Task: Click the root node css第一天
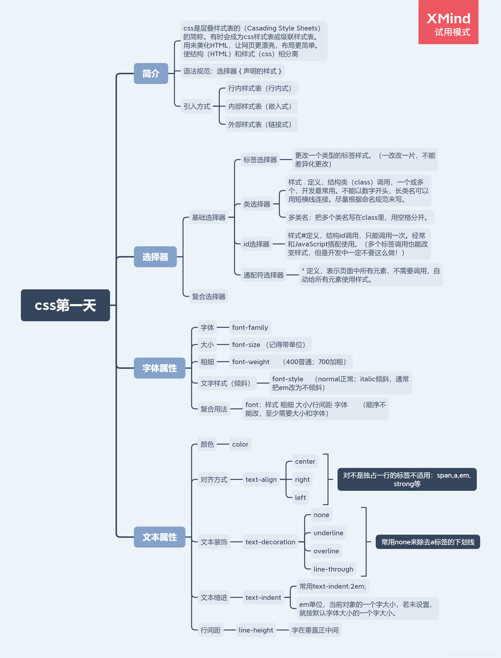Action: (x=65, y=305)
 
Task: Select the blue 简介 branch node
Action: (x=151, y=73)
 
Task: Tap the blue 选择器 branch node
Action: (x=155, y=257)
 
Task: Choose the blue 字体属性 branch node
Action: (x=160, y=368)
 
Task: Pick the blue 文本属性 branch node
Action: (x=160, y=537)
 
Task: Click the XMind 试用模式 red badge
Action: (x=448, y=23)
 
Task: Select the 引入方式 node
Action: (x=197, y=106)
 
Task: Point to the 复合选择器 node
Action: (x=208, y=296)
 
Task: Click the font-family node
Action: (x=250, y=327)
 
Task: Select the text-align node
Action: (x=261, y=479)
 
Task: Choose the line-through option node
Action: (x=333, y=569)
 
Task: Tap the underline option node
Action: (x=328, y=533)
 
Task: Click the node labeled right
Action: (x=302, y=479)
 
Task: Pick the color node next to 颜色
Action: (x=240, y=444)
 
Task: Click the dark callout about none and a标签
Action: (x=428, y=542)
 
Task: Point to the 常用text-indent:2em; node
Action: (x=332, y=586)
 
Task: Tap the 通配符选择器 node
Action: (x=263, y=275)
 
